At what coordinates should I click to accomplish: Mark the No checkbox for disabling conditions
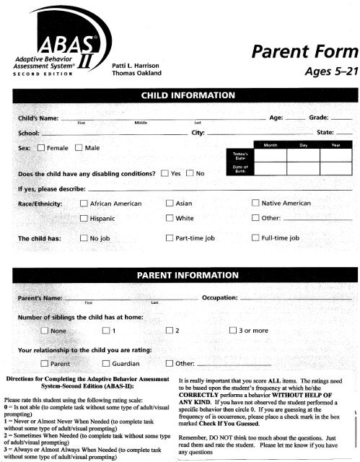coord(190,173)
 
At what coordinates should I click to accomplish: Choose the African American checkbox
coord(85,204)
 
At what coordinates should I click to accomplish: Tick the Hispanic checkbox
coord(85,218)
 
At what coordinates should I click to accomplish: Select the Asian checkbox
coord(170,204)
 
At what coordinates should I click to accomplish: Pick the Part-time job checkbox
coord(170,237)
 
